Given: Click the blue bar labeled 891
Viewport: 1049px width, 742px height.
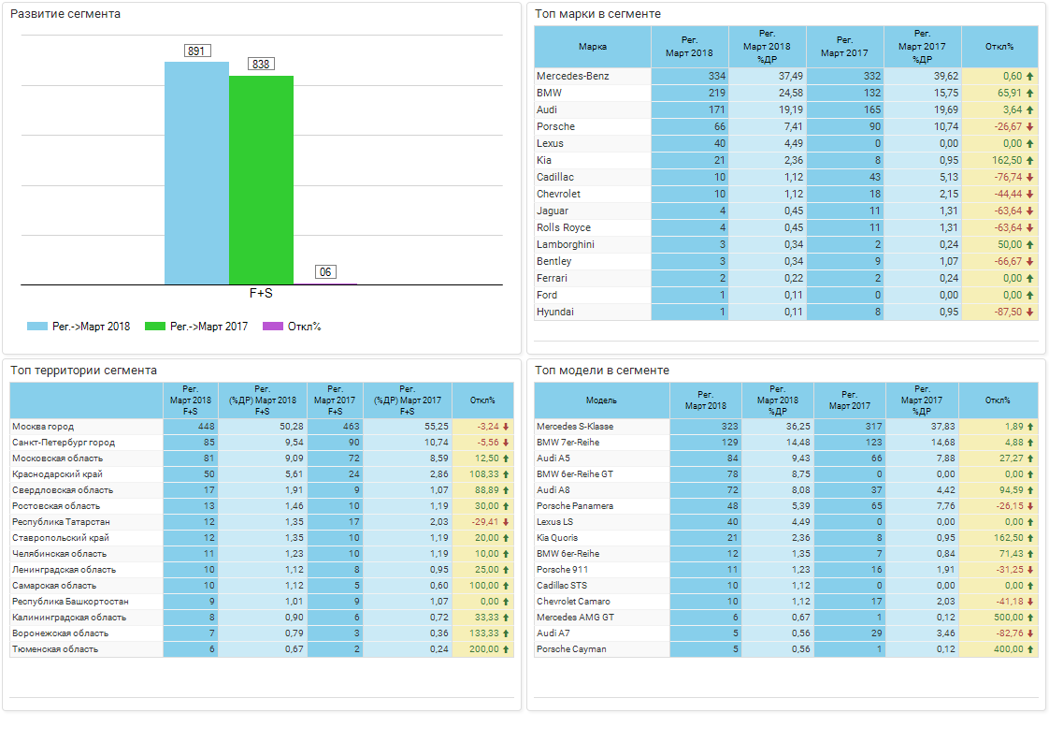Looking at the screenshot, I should [196, 173].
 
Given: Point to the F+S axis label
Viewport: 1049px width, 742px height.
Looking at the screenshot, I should [261, 293].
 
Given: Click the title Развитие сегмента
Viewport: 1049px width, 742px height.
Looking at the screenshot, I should [65, 14].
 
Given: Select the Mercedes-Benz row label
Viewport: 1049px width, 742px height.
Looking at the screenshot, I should [573, 76].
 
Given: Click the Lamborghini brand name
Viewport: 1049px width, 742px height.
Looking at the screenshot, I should [566, 244].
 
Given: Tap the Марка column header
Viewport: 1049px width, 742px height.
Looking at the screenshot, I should [593, 46].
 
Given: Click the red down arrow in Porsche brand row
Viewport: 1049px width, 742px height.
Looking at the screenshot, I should [1030, 126].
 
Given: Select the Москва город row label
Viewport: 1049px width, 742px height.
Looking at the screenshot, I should [43, 427].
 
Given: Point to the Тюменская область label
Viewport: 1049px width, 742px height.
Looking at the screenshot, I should [55, 649].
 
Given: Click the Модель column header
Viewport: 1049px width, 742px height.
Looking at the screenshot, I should [601, 400].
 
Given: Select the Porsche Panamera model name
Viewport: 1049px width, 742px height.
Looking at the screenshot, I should [575, 506].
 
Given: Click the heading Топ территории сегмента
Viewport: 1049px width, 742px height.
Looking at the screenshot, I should [83, 371].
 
